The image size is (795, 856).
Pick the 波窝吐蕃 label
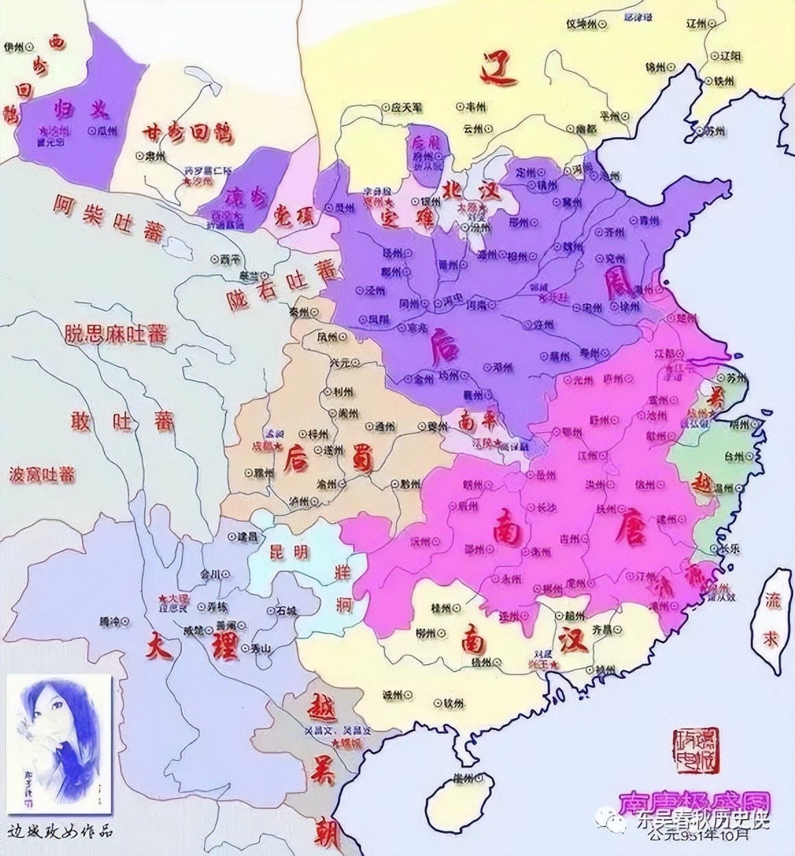coord(42,474)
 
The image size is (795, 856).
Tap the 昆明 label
coord(290,551)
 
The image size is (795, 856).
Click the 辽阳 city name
coord(729,55)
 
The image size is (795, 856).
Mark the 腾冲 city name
coord(109,622)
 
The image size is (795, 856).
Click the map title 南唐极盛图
coord(694,802)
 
